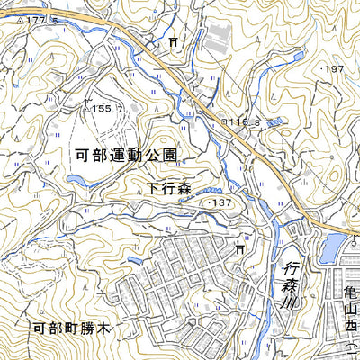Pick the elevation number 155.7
108,108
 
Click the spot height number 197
335,68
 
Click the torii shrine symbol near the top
172,42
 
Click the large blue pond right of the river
331,246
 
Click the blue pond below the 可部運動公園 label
76,181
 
